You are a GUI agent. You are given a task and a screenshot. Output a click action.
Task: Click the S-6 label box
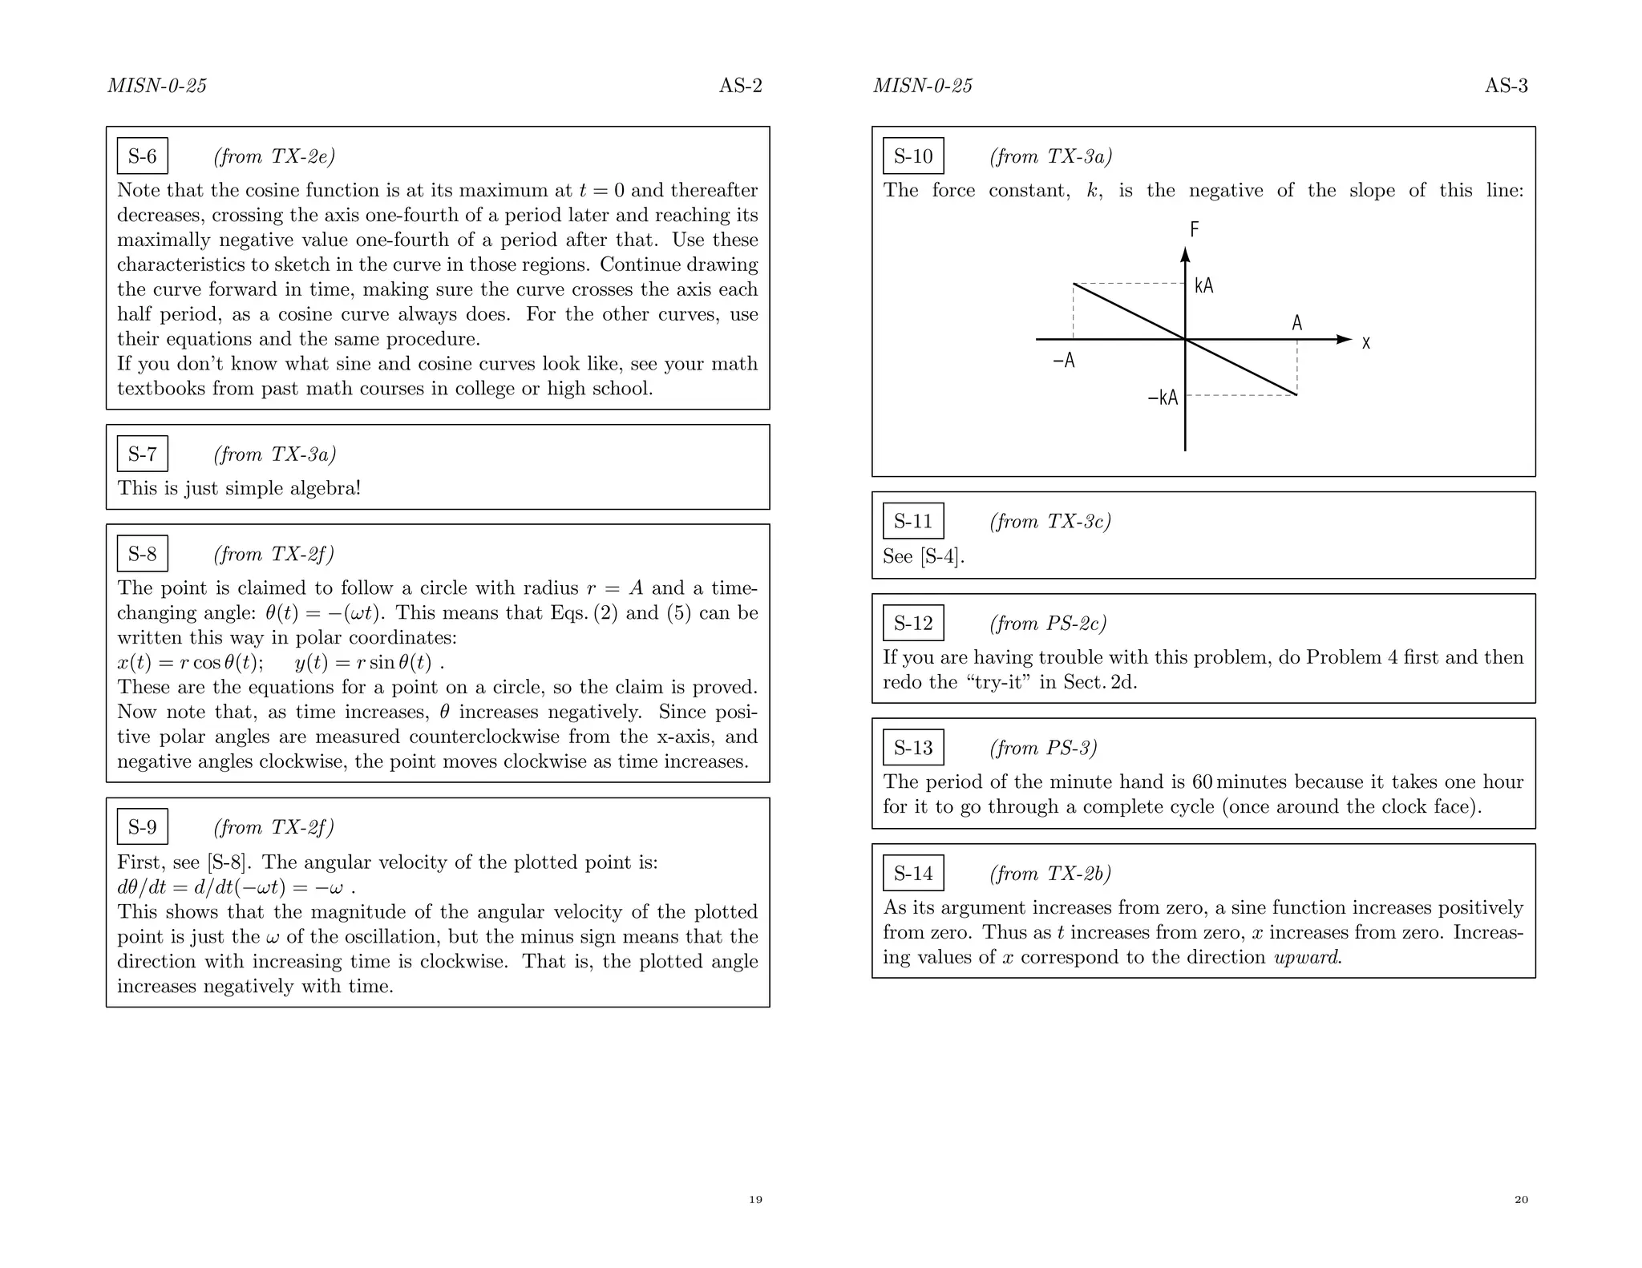tap(143, 155)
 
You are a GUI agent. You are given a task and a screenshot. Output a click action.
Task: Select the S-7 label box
tap(143, 454)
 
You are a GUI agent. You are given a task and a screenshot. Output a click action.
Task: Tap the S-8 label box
tap(143, 554)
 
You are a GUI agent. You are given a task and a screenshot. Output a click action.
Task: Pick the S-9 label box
tap(143, 827)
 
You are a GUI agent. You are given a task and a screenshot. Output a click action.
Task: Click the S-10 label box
tap(913, 155)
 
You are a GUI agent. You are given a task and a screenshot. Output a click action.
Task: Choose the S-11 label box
tap(913, 521)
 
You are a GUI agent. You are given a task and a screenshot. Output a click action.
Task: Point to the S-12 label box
tap(913, 623)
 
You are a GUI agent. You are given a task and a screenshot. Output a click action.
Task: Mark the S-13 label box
tap(913, 748)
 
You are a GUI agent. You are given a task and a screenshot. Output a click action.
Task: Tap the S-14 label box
tap(913, 873)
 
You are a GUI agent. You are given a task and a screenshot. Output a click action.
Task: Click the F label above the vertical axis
tap(1194, 230)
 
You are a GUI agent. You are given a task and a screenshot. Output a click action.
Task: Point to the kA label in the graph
tap(1203, 286)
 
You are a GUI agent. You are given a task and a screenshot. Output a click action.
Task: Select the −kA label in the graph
tap(1163, 398)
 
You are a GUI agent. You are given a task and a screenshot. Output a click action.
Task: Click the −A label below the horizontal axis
tap(1063, 361)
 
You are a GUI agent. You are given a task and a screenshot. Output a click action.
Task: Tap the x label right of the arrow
tap(1366, 344)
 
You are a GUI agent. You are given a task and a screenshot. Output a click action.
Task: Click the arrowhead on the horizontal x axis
tap(1343, 340)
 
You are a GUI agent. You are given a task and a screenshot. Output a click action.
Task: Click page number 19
tap(755, 1200)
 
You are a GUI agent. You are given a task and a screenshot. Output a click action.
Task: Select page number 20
tap(1521, 1200)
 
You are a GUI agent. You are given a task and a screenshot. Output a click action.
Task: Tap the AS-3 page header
tap(1506, 86)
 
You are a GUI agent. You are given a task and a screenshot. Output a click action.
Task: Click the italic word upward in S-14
tap(1308, 958)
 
